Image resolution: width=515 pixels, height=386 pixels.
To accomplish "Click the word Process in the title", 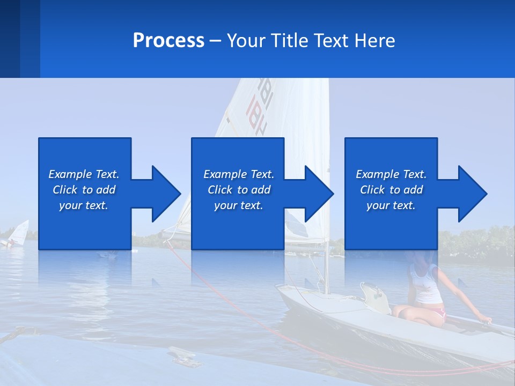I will (168, 41).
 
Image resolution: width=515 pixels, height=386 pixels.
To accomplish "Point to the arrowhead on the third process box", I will (471, 194).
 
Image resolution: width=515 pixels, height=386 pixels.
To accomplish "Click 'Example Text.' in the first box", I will (84, 174).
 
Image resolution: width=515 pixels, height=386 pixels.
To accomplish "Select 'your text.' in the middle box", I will (238, 205).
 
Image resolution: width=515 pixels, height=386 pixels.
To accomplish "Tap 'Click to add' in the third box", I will (391, 190).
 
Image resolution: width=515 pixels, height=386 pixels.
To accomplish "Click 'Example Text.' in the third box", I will (391, 174).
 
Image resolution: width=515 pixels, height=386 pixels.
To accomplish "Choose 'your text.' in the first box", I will (84, 205).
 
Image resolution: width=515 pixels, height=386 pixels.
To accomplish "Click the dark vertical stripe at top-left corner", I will (10, 39).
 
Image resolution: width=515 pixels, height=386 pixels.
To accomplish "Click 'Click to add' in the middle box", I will (238, 190).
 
